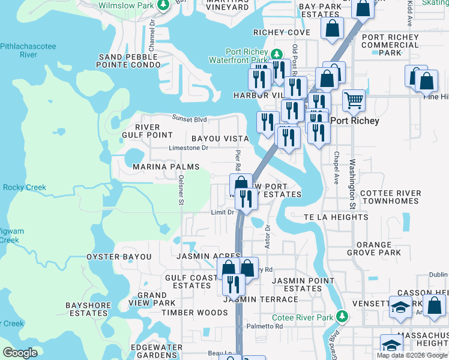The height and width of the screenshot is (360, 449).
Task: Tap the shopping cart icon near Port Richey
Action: point(354,100)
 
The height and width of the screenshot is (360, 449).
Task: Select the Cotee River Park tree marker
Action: point(342,316)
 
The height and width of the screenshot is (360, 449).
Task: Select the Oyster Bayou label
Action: point(119,257)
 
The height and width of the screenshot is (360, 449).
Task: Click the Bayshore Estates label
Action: point(88,309)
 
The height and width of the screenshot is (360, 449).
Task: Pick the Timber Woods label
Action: point(186,313)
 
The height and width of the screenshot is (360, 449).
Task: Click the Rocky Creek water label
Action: point(24,188)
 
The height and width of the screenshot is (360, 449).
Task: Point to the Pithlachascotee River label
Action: point(28,50)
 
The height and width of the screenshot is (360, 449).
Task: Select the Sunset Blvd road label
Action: point(189,118)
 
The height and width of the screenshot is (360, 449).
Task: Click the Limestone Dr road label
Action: point(188,148)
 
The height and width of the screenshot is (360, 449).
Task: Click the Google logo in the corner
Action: point(20,352)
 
